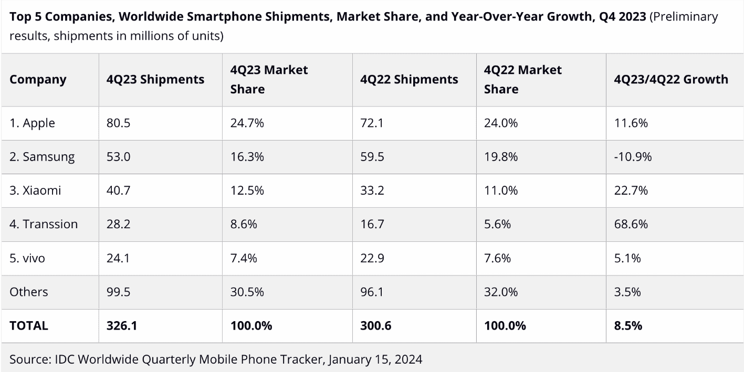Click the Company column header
point(38,80)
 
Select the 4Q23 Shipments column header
point(155,80)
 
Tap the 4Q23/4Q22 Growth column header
point(671,80)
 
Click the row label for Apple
point(32,123)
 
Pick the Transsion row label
point(44,224)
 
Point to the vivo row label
point(27,258)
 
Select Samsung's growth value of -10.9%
point(633,157)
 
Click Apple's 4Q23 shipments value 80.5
point(118,123)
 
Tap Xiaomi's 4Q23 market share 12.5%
point(247,190)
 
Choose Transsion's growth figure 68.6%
point(631,224)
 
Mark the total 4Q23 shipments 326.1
point(122,326)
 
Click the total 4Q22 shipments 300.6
point(375,326)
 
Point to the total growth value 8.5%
point(628,326)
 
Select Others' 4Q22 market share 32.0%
point(501,292)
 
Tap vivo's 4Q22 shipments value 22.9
point(372,258)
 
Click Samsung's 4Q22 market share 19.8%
point(501,157)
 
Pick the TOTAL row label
point(29,326)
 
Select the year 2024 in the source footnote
point(408,359)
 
